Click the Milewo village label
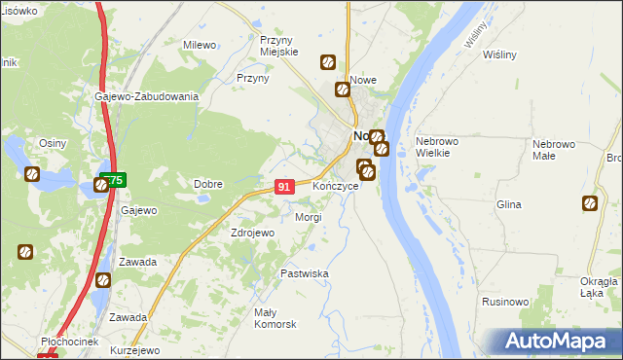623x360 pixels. click(x=200, y=45)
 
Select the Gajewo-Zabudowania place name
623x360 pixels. click(x=147, y=96)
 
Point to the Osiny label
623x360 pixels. click(x=52, y=143)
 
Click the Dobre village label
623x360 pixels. click(x=208, y=184)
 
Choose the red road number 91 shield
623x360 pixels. click(x=284, y=186)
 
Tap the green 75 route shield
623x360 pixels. click(x=111, y=181)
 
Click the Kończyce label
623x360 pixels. click(x=336, y=185)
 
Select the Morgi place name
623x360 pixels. click(x=308, y=217)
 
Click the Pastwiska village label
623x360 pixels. click(x=305, y=274)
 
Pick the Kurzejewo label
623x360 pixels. click(x=134, y=350)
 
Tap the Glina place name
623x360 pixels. click(x=508, y=204)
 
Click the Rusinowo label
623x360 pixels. click(x=505, y=302)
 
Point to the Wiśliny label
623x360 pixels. click(x=498, y=54)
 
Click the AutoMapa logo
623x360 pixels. click(x=559, y=342)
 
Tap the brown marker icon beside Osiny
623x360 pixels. click(x=32, y=175)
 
